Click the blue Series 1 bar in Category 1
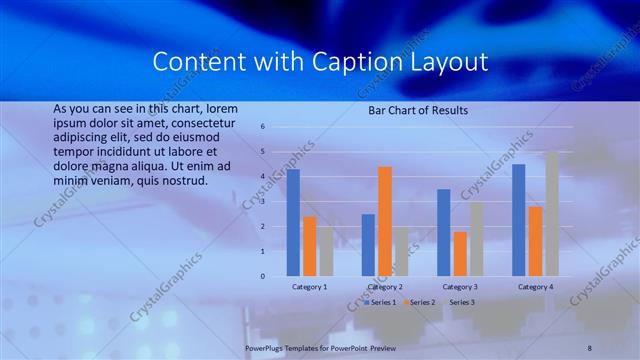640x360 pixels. [293, 222]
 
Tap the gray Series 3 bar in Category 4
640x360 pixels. [551, 213]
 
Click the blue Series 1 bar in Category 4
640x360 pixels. [518, 220]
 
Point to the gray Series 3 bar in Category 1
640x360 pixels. [326, 251]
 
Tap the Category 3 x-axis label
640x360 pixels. [460, 287]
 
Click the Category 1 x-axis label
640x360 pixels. [309, 287]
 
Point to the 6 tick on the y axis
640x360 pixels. [261, 127]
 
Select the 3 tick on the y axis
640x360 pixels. [261, 202]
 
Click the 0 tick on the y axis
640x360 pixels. [261, 276]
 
